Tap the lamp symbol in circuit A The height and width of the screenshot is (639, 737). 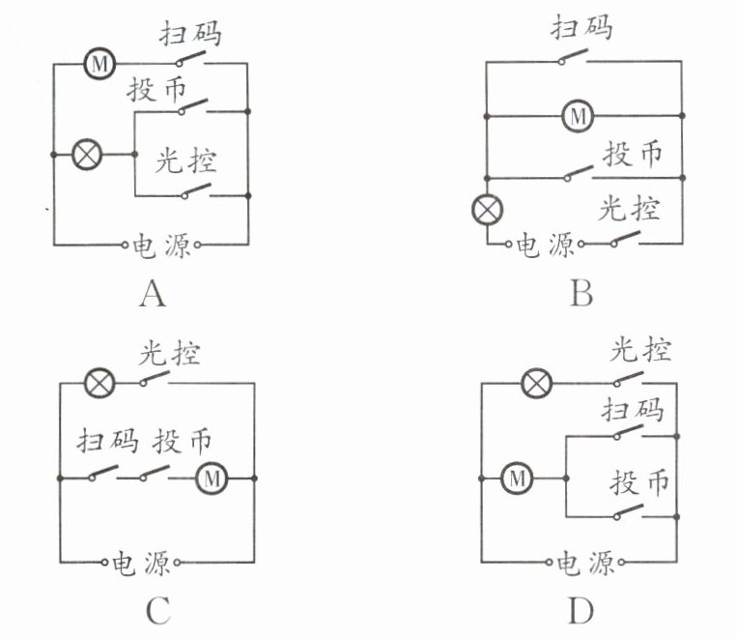coord(90,154)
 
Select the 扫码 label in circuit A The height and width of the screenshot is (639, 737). coord(190,35)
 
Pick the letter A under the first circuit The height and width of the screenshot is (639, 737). coord(152,291)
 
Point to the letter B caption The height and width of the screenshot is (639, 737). coord(580,291)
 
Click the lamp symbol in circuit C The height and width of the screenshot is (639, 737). coord(99,383)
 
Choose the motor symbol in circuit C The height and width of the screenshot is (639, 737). coord(212,477)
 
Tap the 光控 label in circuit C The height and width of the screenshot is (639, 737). coord(170,353)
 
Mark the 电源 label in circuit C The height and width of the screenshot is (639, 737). coord(143,562)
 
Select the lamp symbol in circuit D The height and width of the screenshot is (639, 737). coord(536,384)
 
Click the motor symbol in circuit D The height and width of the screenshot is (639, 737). coord(517,477)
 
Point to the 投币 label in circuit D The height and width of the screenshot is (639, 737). coord(641,480)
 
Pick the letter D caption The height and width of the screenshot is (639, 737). coord(581,610)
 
